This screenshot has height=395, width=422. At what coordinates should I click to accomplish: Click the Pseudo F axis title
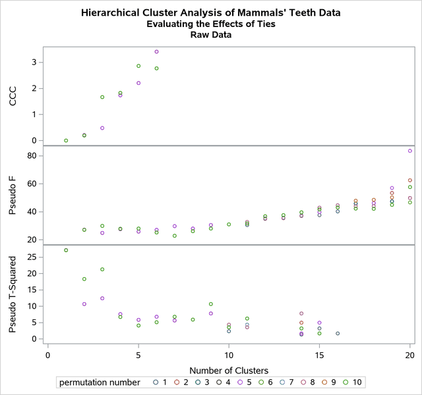click(13, 194)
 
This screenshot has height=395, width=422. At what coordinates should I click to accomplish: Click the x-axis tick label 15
click(319, 355)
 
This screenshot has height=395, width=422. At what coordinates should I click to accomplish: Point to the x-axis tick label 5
click(138, 355)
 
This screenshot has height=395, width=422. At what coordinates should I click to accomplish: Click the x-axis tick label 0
click(48, 355)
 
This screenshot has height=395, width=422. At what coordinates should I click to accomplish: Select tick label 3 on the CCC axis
click(34, 63)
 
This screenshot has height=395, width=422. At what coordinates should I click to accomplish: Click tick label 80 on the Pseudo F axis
click(32, 156)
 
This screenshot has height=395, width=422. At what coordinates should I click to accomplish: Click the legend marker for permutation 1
click(156, 382)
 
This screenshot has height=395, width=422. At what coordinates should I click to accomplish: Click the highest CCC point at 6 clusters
click(156, 51)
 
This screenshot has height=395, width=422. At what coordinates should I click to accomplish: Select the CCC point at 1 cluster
click(66, 140)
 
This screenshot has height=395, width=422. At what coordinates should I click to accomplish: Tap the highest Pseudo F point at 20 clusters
click(410, 151)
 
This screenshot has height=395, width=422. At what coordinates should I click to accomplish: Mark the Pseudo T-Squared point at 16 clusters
click(338, 333)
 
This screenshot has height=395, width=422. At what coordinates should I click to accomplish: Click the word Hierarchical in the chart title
click(109, 13)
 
